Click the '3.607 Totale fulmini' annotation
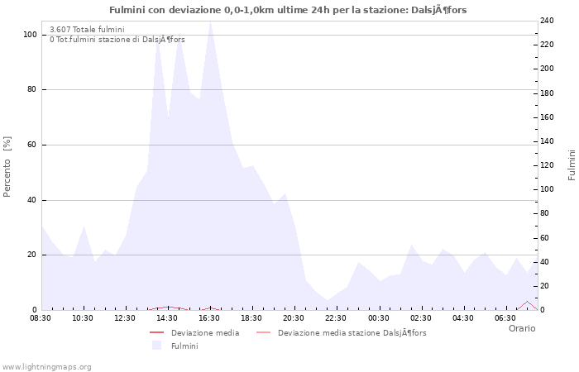click(87, 30)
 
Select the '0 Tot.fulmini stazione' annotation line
click(117, 40)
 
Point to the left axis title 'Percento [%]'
click(7, 166)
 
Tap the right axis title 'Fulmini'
click(572, 165)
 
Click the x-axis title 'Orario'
click(521, 328)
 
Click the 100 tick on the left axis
click(30, 35)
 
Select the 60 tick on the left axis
click(32, 145)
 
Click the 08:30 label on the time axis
click(41, 318)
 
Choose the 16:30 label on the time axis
click(209, 318)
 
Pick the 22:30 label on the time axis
click(336, 318)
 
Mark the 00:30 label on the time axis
click(378, 318)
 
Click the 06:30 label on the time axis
click(505, 318)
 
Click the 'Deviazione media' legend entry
click(204, 333)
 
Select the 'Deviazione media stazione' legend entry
click(352, 333)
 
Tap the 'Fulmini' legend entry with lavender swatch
click(184, 346)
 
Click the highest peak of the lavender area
click(210, 22)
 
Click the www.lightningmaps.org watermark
click(46, 366)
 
